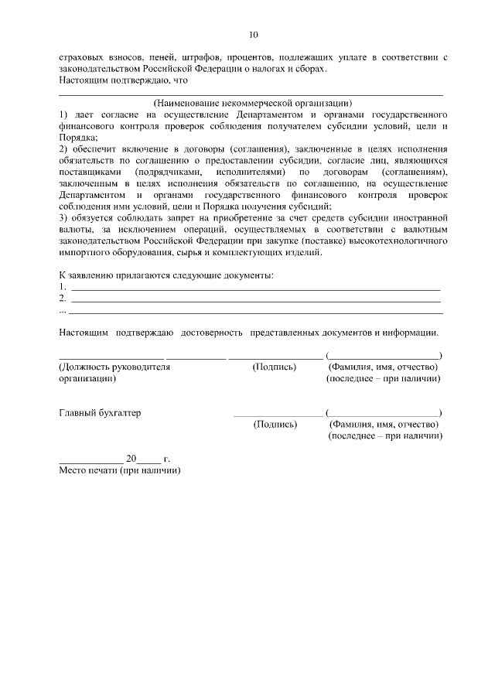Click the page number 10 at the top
[x=253, y=35]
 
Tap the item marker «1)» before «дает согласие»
[x=64, y=114]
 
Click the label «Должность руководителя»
[x=114, y=367]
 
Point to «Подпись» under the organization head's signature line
[x=275, y=367]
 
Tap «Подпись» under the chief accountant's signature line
[x=275, y=424]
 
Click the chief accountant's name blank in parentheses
[x=384, y=412]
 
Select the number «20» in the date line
[x=131, y=458]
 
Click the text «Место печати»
[x=87, y=470]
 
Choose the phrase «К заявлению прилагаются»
[x=114, y=275]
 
